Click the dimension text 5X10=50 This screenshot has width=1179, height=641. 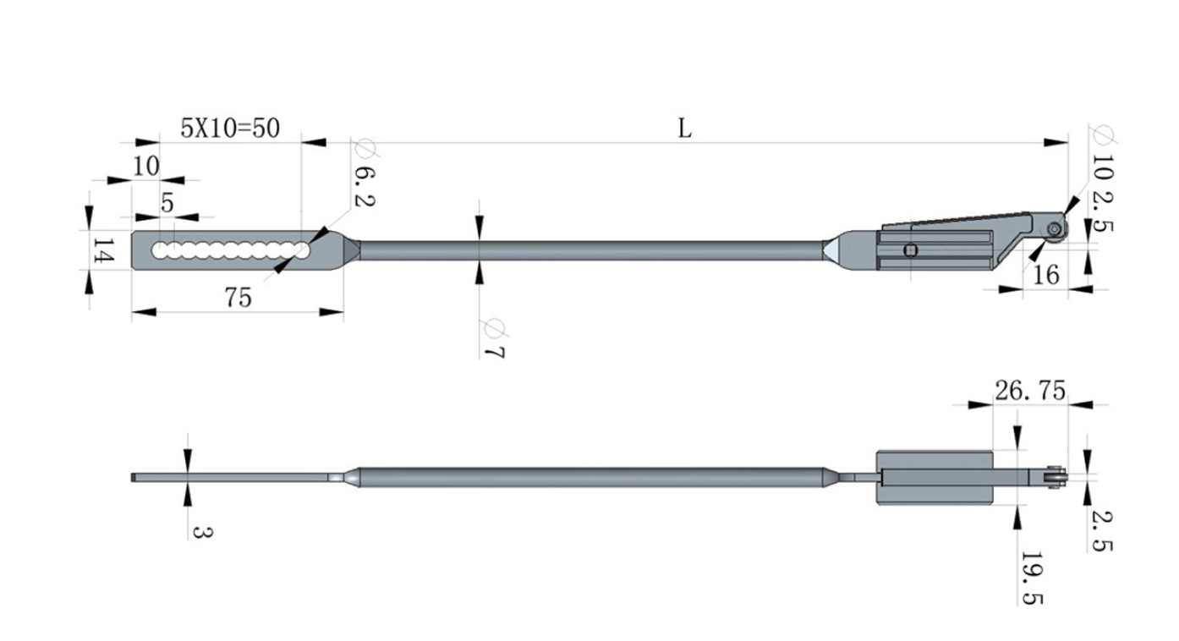click(230, 128)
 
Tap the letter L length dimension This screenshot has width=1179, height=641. click(684, 129)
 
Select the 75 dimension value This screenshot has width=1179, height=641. click(239, 298)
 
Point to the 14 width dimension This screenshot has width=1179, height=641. click(104, 250)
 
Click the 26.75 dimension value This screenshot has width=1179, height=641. click(1030, 391)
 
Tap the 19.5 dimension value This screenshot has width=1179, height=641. click(1032, 578)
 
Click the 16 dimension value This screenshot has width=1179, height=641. click(1046, 275)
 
